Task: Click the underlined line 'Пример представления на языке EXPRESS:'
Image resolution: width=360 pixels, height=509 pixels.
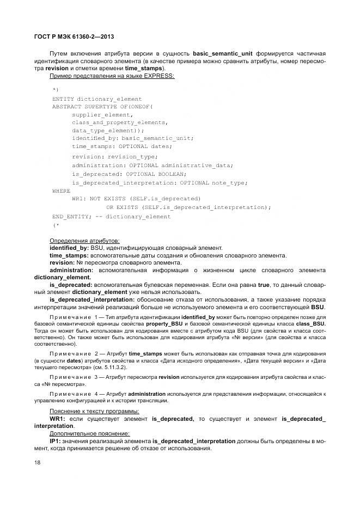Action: pos(112,76)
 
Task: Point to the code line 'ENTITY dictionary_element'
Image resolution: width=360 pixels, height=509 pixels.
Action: pos(97,99)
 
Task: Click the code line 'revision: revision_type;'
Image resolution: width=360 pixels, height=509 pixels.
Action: pos(114,156)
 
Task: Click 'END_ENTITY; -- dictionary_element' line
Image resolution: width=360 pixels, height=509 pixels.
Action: pos(111,217)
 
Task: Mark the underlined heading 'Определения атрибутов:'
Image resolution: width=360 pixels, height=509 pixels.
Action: pos(85,241)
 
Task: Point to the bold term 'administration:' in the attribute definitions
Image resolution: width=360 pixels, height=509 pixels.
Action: pos(71,270)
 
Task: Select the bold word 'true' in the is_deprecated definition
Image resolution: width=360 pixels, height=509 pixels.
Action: pos(265,285)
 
